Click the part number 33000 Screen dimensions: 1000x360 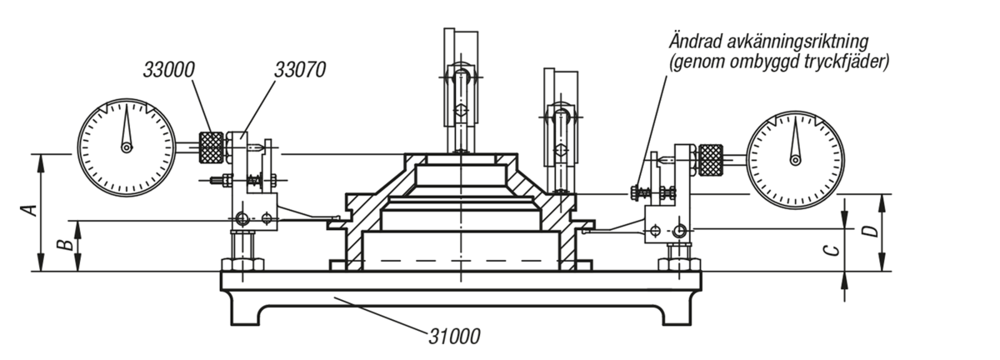tap(168, 70)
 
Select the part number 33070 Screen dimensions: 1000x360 tap(300, 70)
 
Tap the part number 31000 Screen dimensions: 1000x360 tap(454, 337)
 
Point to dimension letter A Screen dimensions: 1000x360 tap(29, 210)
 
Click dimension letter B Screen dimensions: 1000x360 tap(66, 245)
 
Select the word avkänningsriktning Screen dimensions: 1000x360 tap(799, 42)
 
